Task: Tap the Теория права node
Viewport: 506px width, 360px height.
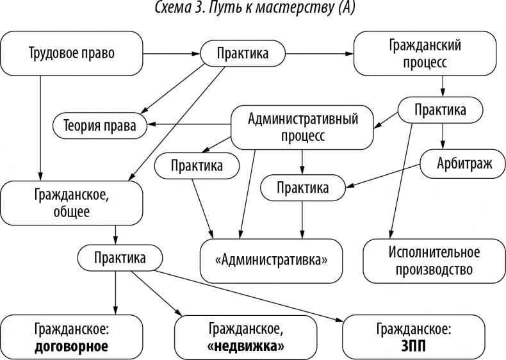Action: (x=99, y=126)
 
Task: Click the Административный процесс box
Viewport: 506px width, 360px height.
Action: (x=302, y=127)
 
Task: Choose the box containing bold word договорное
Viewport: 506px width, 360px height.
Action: (x=71, y=338)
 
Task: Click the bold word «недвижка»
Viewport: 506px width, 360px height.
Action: (x=246, y=346)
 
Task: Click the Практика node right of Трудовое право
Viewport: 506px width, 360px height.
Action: (x=243, y=54)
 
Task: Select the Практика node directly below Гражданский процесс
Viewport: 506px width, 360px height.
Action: (x=440, y=110)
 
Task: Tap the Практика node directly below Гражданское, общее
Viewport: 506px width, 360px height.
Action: (x=119, y=258)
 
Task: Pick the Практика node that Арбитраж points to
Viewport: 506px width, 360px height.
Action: (x=302, y=188)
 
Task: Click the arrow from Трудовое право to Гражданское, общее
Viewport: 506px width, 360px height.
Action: (x=40, y=128)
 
